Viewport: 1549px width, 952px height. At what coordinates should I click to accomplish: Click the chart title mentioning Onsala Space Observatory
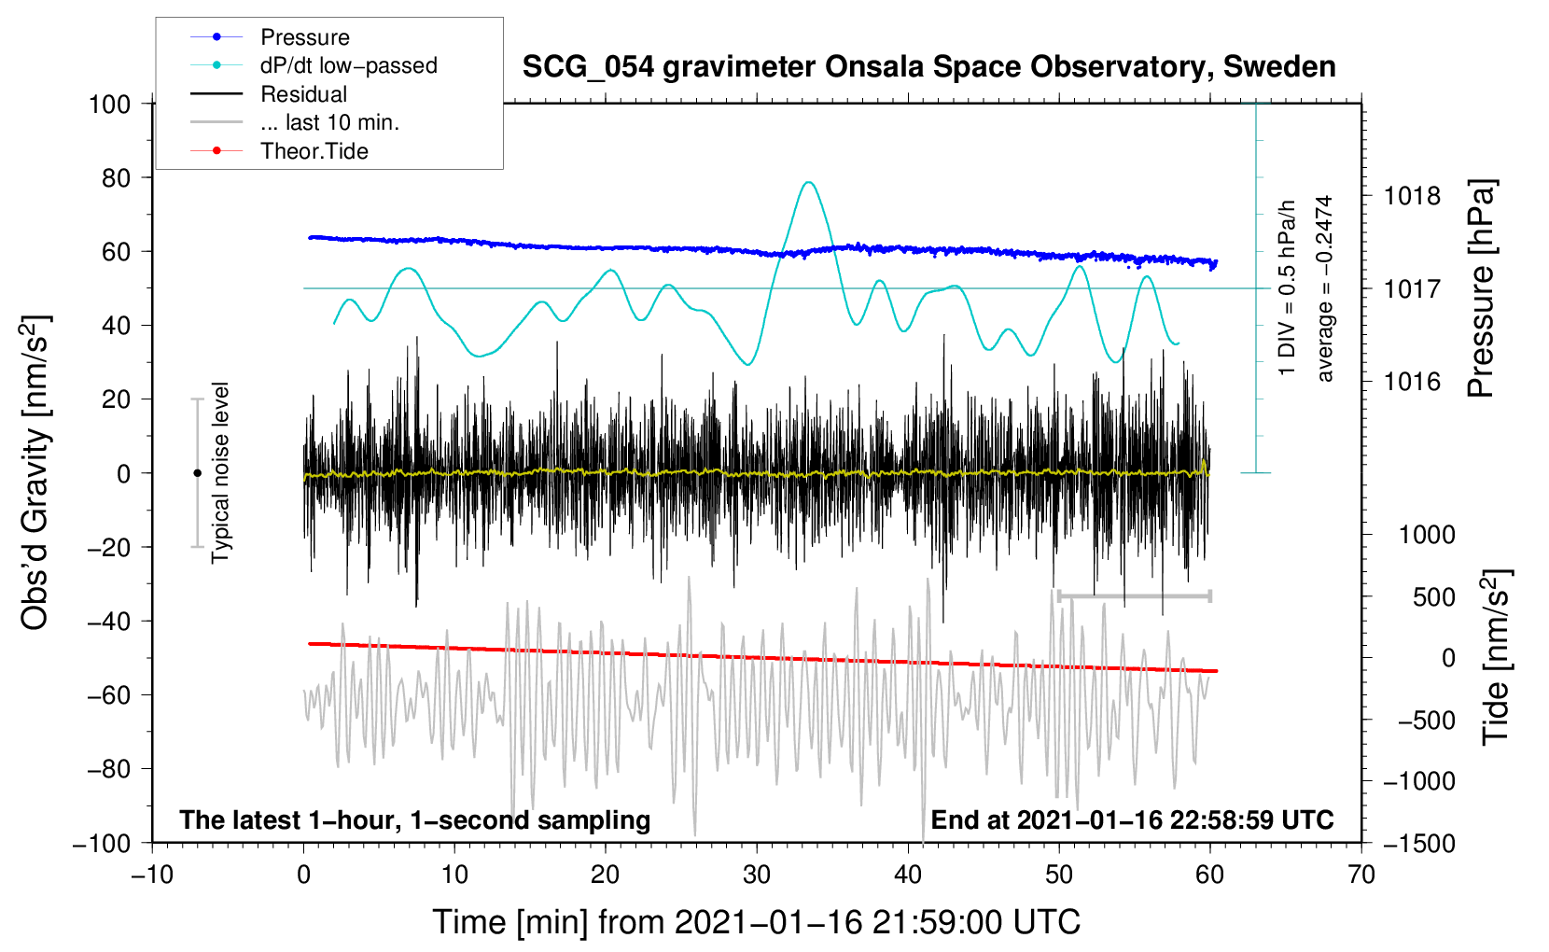tap(928, 67)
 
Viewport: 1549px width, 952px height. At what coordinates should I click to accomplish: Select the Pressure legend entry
tap(305, 37)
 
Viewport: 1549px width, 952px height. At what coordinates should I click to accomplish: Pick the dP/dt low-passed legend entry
tap(348, 65)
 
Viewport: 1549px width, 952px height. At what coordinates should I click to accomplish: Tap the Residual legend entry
tap(303, 94)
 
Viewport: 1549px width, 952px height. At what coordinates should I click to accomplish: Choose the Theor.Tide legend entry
tap(314, 151)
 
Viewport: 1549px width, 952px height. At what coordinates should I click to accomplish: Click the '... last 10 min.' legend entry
tap(329, 122)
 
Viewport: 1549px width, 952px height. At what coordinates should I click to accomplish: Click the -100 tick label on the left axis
tap(102, 843)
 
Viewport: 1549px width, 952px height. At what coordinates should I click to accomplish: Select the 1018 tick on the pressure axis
tap(1412, 196)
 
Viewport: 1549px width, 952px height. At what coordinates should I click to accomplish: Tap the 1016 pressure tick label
tap(1412, 381)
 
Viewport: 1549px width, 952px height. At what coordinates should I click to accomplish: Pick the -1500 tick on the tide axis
tap(1418, 843)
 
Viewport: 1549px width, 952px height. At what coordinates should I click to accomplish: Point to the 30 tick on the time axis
tap(757, 875)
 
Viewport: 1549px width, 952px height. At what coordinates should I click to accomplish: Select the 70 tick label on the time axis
tap(1361, 875)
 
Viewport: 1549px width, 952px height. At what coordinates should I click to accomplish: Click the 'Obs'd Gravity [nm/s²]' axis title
tap(35, 472)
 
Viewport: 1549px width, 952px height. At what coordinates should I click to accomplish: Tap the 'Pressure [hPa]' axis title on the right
tap(1481, 288)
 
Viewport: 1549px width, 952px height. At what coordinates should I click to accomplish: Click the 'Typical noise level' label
tap(220, 472)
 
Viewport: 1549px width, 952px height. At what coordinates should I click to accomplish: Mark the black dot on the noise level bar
tap(197, 473)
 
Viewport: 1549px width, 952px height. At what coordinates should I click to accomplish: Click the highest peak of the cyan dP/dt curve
tap(809, 182)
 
